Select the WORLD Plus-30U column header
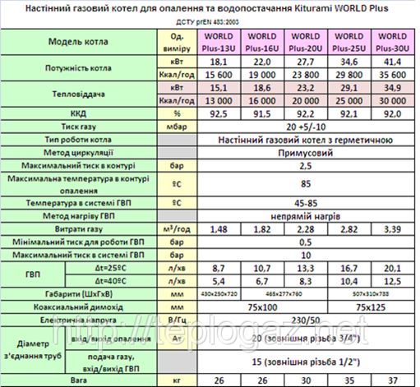click(x=392, y=41)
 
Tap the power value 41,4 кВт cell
click(x=392, y=61)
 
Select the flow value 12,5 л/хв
click(x=392, y=281)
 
